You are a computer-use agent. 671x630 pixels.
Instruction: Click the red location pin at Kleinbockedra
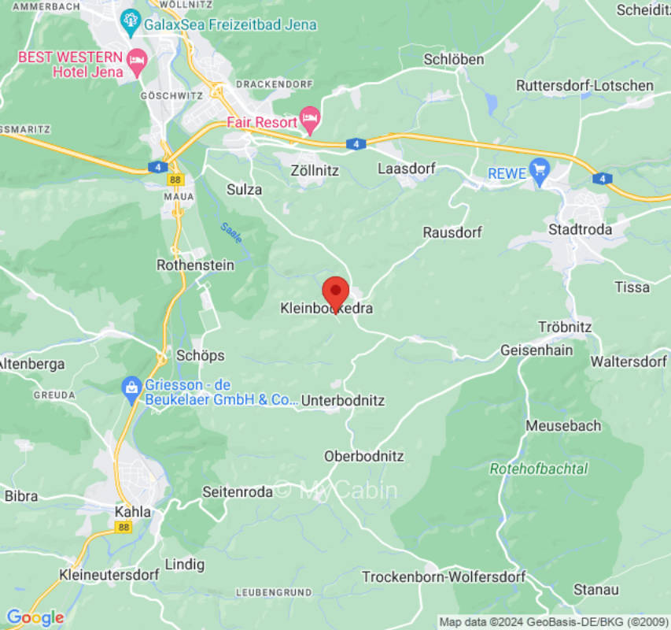pyautogui.click(x=336, y=293)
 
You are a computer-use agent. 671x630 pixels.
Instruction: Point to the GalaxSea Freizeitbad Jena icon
pyautogui.click(x=130, y=24)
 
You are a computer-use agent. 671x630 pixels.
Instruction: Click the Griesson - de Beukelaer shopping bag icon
pyautogui.click(x=131, y=387)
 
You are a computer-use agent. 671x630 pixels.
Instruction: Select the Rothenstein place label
pyautogui.click(x=195, y=265)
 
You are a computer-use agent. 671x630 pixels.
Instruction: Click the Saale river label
pyautogui.click(x=231, y=232)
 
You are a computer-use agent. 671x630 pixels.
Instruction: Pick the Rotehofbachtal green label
pyautogui.click(x=538, y=469)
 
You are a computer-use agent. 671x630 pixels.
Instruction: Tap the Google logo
pyautogui.click(x=35, y=617)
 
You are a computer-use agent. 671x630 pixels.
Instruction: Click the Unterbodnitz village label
pyautogui.click(x=343, y=401)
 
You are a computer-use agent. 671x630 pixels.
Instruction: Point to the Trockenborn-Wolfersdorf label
pyautogui.click(x=443, y=577)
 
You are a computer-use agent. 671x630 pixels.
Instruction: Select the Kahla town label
pyautogui.click(x=132, y=512)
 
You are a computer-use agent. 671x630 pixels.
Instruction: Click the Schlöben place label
pyautogui.click(x=454, y=60)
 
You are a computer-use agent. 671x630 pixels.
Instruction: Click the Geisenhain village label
pyautogui.click(x=536, y=350)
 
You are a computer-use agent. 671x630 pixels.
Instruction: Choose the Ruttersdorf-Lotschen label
pyautogui.click(x=584, y=85)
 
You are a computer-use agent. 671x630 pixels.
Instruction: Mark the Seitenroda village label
pyautogui.click(x=238, y=491)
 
